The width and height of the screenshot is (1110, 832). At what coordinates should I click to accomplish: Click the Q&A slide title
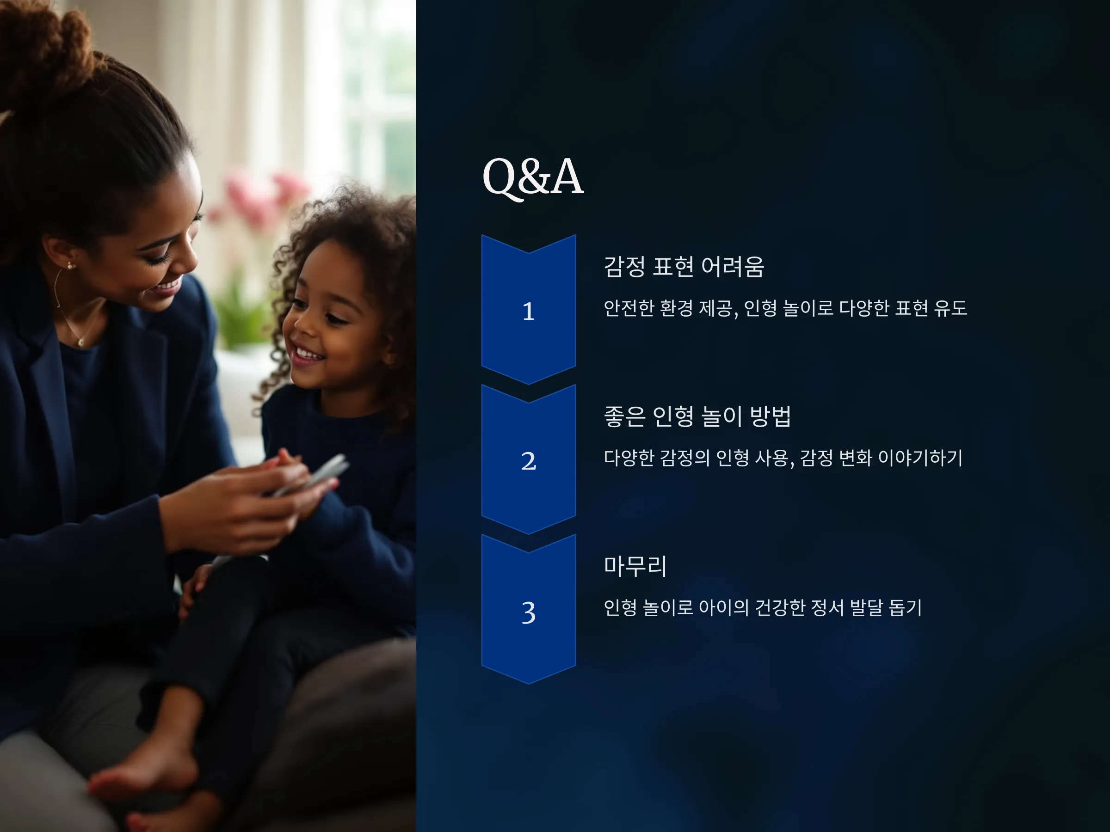[532, 177]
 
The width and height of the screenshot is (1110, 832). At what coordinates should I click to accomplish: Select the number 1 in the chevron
[528, 312]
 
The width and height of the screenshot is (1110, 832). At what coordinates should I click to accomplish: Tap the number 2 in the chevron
[528, 461]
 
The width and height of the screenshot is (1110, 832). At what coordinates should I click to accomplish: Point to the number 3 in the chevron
[528, 613]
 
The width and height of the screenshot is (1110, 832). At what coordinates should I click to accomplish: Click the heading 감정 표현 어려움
[684, 266]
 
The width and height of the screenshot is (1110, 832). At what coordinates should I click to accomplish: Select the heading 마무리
[635, 566]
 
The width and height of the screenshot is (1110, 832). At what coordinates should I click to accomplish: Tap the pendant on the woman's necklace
[80, 343]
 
